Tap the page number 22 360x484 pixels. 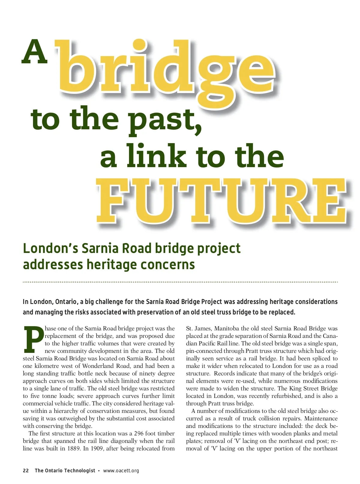pyautogui.click(x=26, y=470)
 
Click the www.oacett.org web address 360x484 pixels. pyautogui.click(x=121, y=470)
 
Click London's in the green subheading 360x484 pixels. pyautogui.click(x=50, y=248)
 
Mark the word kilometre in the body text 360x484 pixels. pyautogui.click(x=47, y=366)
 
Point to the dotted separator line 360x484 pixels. pyautogui.click(x=180, y=282)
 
